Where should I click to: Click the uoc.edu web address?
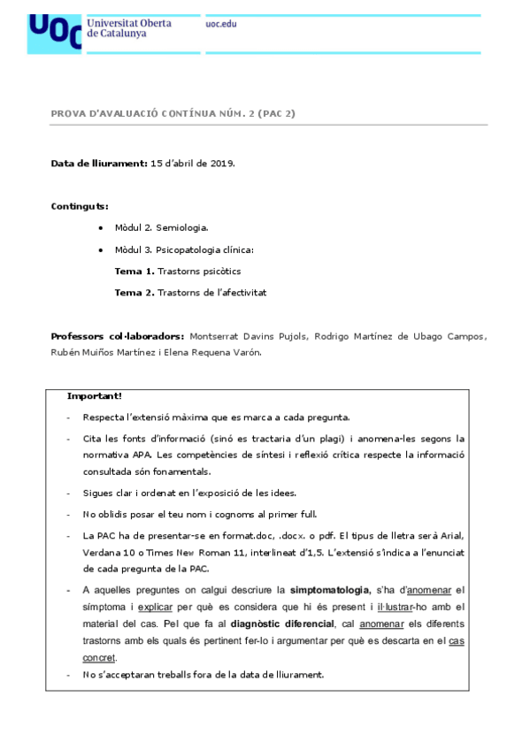pos(221,24)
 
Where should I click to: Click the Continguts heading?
pos(80,206)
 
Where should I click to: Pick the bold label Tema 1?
pos(134,271)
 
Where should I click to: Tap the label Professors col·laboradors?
pos(118,336)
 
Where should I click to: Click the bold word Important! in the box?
pos(95,395)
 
